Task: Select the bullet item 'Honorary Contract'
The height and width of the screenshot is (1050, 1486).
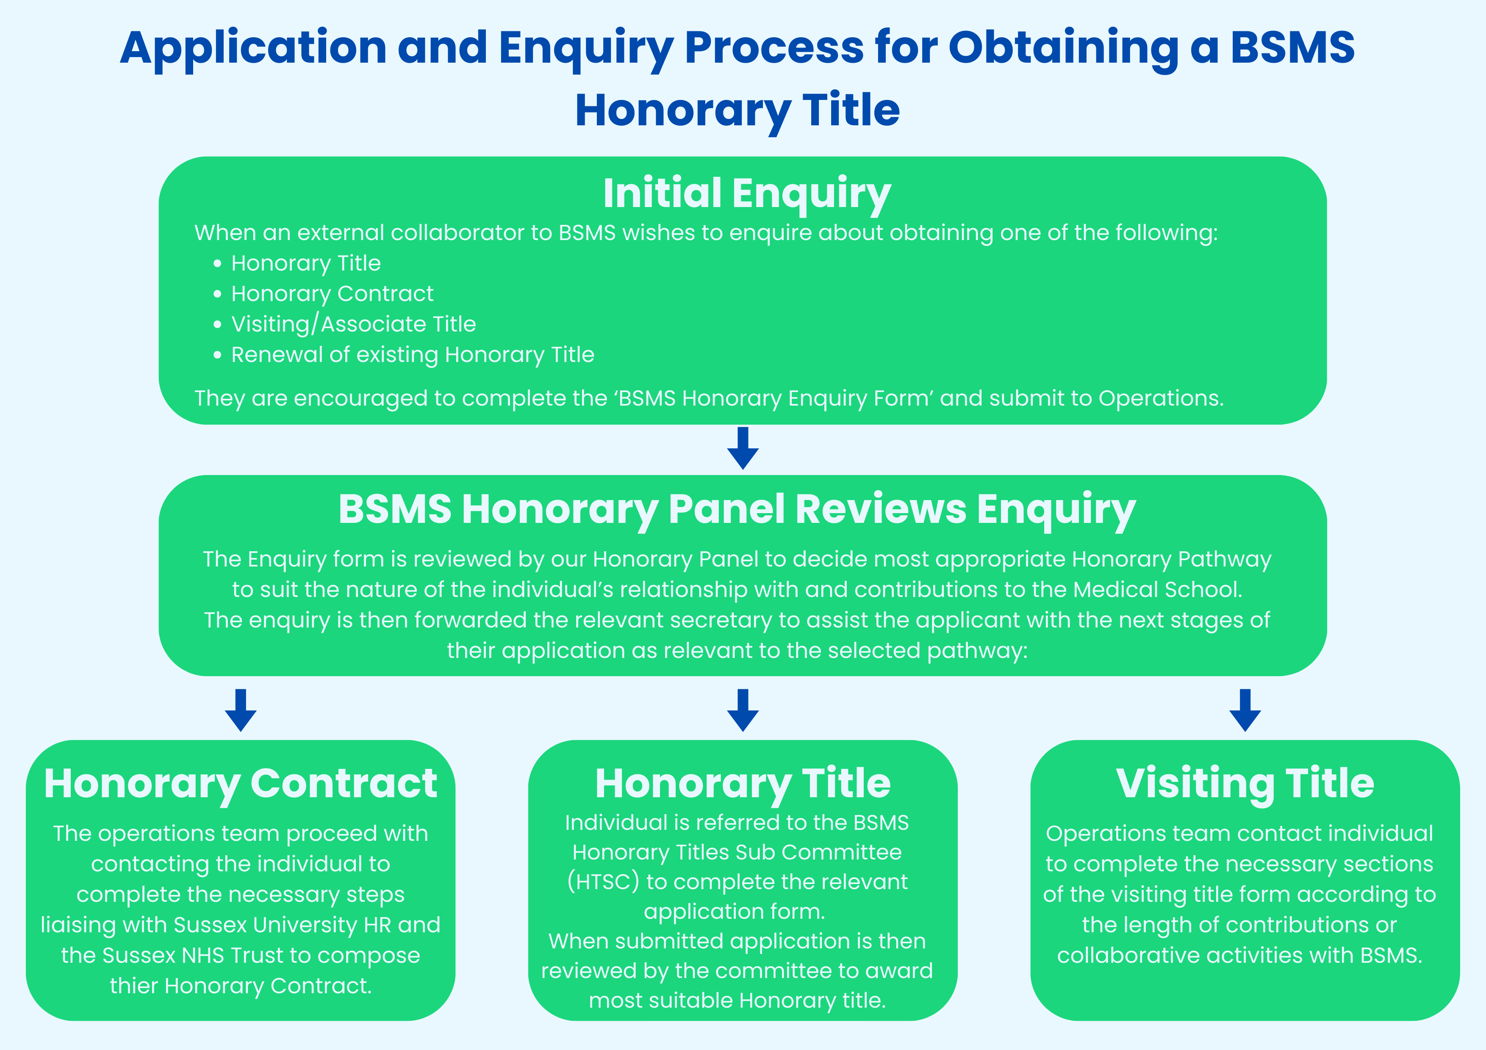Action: click(x=332, y=294)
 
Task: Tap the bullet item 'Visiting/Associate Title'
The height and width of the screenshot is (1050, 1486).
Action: click(x=353, y=324)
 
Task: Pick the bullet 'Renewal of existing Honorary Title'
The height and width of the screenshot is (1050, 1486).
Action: click(x=412, y=354)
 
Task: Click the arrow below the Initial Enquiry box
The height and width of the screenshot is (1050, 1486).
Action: click(x=743, y=448)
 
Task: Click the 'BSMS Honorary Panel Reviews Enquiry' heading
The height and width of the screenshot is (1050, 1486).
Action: click(x=737, y=509)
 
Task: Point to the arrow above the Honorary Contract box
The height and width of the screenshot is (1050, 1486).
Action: click(x=241, y=710)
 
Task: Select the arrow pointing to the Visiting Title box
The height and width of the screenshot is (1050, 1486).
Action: click(x=1245, y=710)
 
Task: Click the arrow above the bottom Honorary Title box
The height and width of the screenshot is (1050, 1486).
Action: click(x=743, y=710)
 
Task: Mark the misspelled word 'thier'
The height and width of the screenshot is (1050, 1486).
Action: click(x=134, y=986)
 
